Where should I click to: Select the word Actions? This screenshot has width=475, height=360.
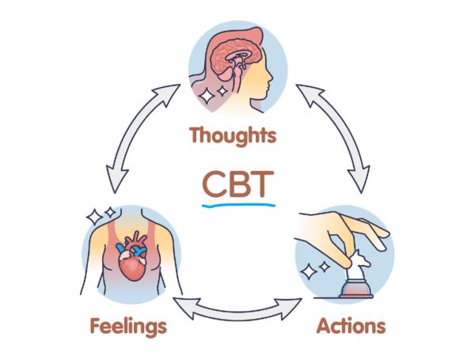pos(351,325)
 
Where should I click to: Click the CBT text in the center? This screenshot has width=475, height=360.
pos(237,183)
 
